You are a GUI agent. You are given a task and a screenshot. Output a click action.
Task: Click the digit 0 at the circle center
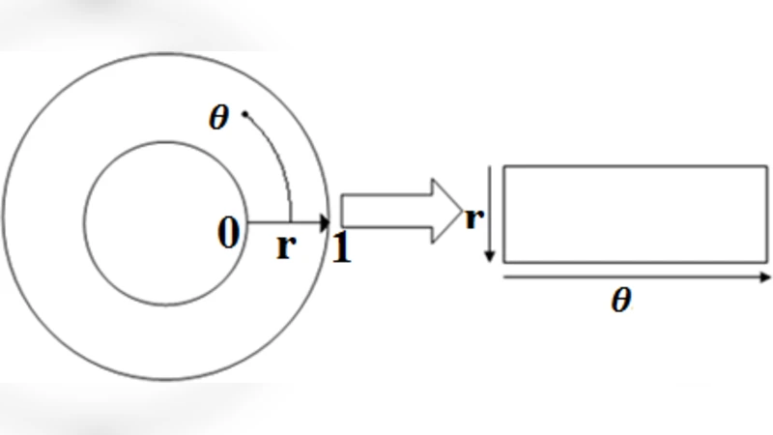click(x=227, y=233)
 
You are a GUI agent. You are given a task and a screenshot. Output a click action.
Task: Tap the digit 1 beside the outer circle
click(x=341, y=248)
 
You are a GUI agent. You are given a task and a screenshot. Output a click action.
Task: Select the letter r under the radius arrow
click(x=284, y=246)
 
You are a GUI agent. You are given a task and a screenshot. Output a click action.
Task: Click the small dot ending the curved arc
click(x=245, y=115)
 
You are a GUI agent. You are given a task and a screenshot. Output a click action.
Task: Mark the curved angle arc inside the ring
click(x=277, y=155)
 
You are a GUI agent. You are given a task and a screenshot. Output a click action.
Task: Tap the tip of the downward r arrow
click(x=491, y=260)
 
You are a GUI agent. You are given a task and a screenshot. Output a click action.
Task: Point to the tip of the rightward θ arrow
click(x=769, y=276)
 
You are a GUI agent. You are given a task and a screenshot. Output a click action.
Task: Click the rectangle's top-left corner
click(x=504, y=166)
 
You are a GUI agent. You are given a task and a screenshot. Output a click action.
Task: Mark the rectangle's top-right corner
click(x=766, y=166)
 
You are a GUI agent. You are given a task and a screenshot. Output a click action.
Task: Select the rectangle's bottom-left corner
click(x=504, y=262)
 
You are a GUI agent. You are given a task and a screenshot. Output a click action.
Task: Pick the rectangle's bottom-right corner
click(x=766, y=262)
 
